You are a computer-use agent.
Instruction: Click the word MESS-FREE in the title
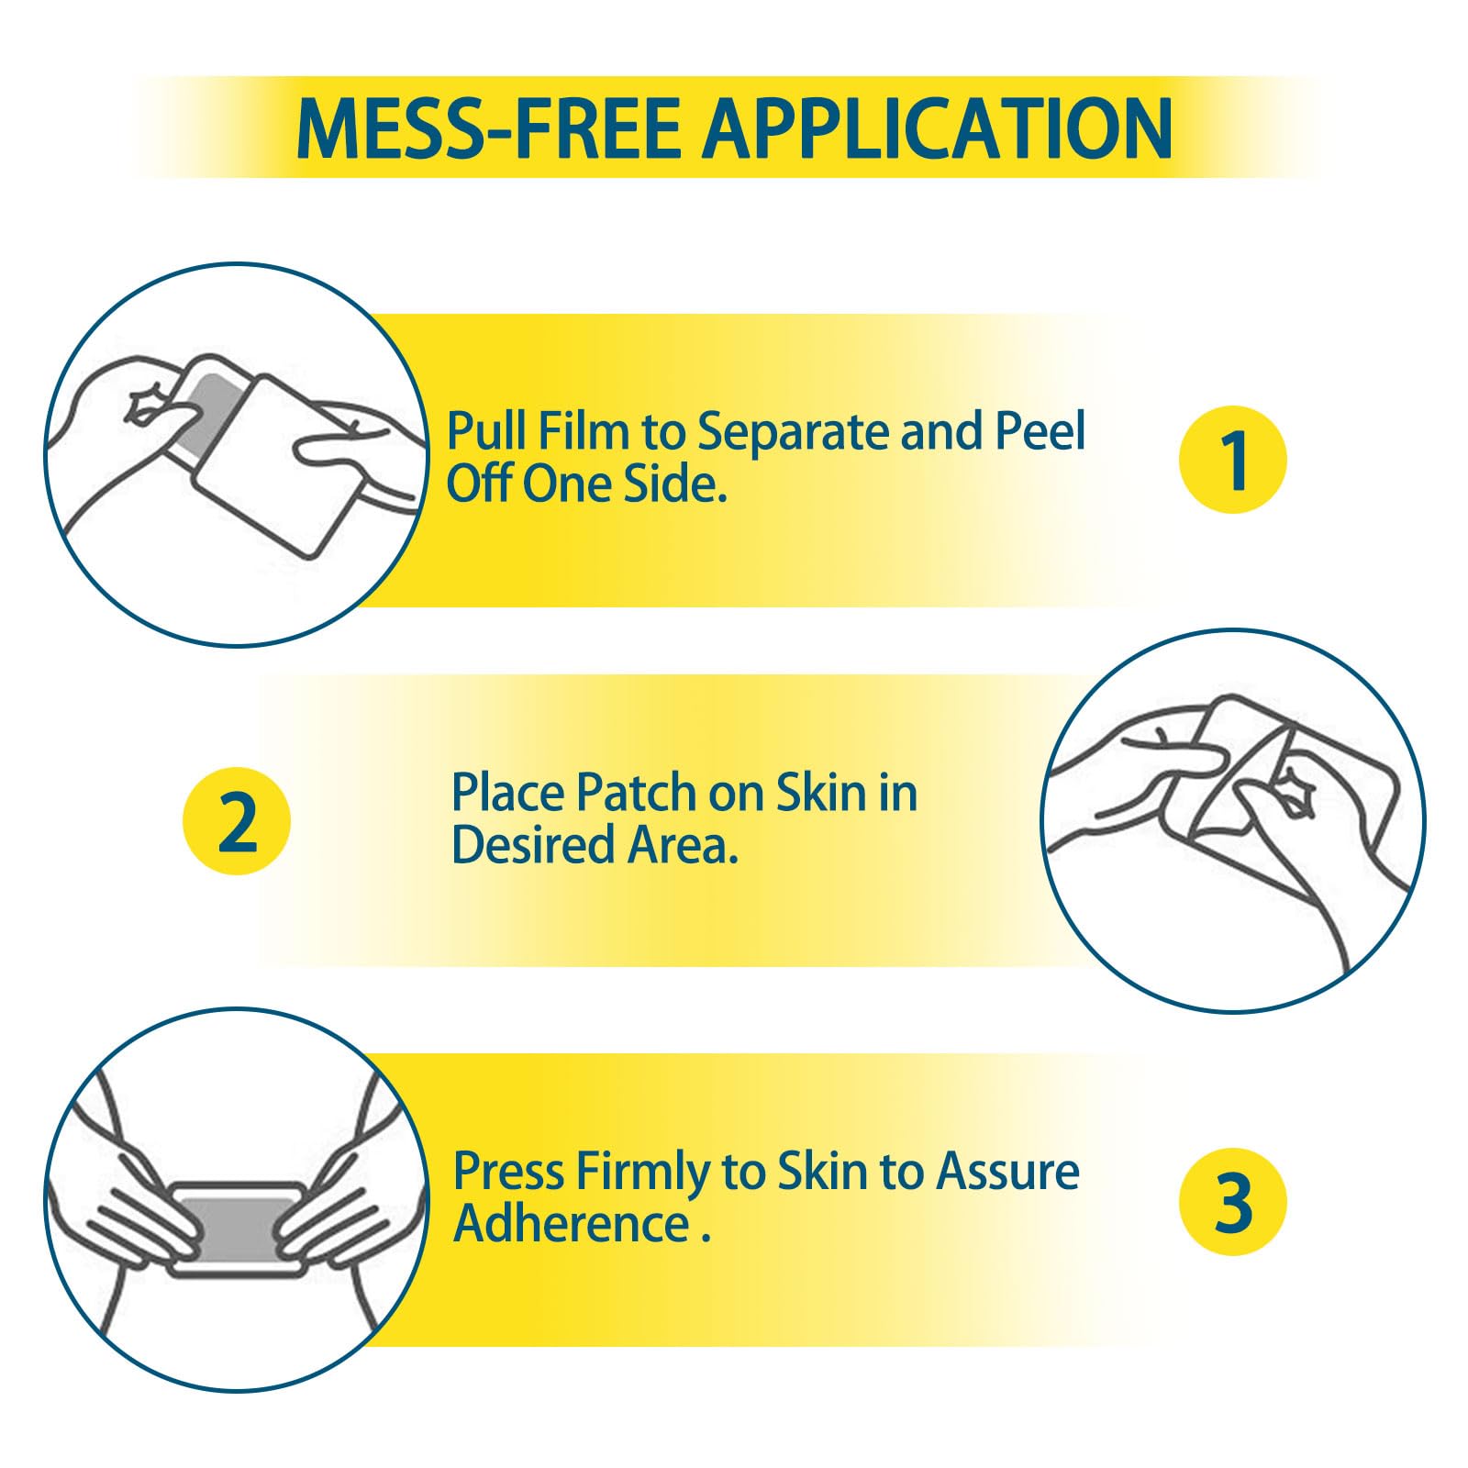(489, 128)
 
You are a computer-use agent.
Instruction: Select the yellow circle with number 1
(1233, 460)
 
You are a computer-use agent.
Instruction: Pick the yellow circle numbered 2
(237, 820)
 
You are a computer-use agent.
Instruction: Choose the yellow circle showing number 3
(1233, 1202)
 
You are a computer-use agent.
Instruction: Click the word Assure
(1007, 1172)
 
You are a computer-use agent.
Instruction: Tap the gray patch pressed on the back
(239, 1227)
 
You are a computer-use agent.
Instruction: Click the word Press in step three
(508, 1172)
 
